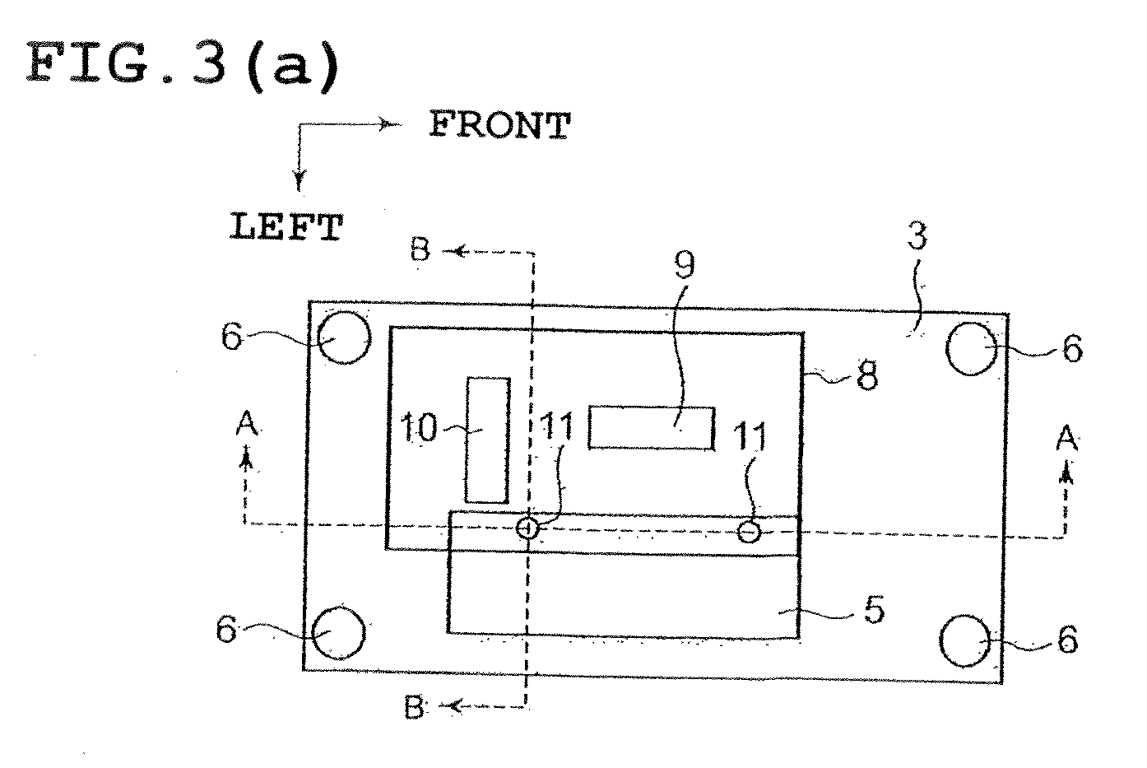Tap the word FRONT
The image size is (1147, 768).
click(499, 125)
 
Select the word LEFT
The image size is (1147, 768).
click(286, 227)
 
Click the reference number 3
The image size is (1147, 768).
click(917, 236)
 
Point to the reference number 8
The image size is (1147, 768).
click(867, 376)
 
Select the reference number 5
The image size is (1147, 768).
click(874, 610)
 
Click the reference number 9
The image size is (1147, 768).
click(685, 264)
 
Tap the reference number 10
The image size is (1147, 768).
click(419, 427)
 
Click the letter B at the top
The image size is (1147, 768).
click(420, 250)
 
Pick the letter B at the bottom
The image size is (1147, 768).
click(415, 708)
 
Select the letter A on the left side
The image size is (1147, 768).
click(247, 425)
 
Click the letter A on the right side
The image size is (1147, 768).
click(1066, 438)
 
